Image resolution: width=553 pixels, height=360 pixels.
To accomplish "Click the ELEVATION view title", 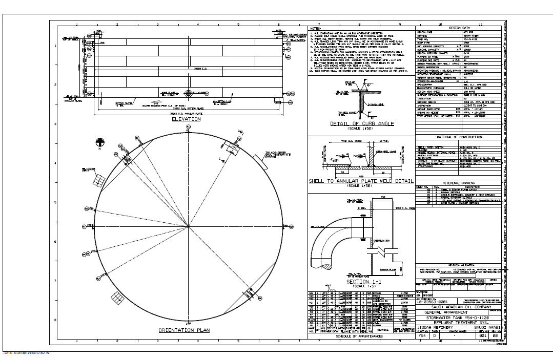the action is [186, 119].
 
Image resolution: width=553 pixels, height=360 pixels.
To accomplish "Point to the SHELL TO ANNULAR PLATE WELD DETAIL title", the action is [361, 181].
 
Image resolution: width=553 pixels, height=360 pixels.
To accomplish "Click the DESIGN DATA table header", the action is [459, 28].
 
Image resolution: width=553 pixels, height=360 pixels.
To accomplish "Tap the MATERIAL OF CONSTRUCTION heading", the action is [459, 137].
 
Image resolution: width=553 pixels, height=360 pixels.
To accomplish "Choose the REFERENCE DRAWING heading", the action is [459, 183].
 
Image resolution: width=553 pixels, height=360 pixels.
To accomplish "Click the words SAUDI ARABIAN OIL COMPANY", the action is [459, 307].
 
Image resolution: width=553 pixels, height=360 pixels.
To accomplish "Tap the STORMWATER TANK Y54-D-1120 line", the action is [459, 317].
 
